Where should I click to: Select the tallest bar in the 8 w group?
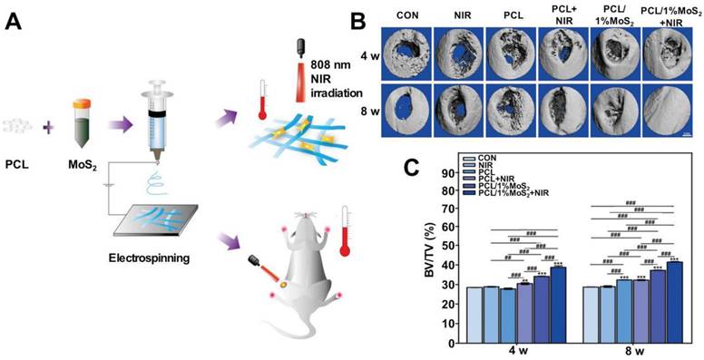pos(673,299)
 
